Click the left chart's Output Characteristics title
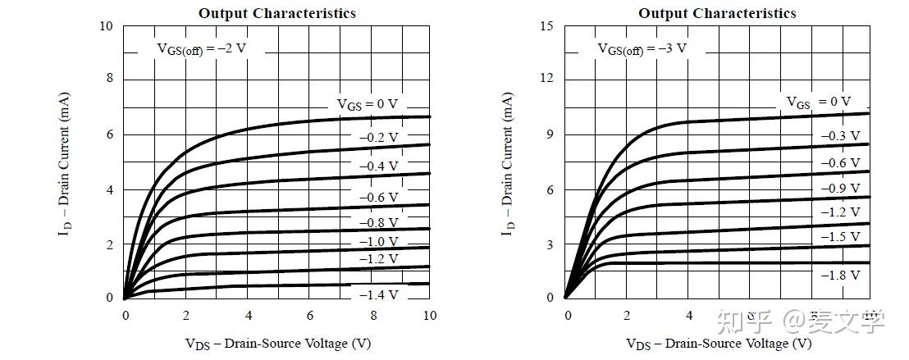pyautogui.click(x=277, y=13)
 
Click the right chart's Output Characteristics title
pyautogui.click(x=717, y=13)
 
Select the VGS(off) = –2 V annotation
pyautogui.click(x=202, y=48)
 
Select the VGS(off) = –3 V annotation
pyautogui.click(x=642, y=48)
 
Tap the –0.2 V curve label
pyautogui.click(x=379, y=138)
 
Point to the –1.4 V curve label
pyautogui.click(x=379, y=295)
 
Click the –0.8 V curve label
pyautogui.click(x=379, y=223)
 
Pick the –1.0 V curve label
pyautogui.click(x=379, y=242)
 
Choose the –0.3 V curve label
pyautogui.click(x=841, y=135)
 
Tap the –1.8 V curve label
pyautogui.click(x=841, y=276)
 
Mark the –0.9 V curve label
pyautogui.click(x=841, y=189)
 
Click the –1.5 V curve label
pyautogui.click(x=841, y=236)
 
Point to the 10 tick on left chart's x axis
pyautogui.click(x=430, y=316)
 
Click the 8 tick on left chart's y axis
pyautogui.click(x=110, y=80)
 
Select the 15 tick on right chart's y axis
pyautogui.click(x=547, y=26)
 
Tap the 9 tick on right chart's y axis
pyautogui.click(x=550, y=134)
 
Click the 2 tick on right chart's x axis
pyautogui.click(x=628, y=316)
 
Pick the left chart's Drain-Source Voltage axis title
pyautogui.click(x=277, y=343)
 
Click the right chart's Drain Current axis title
pyautogui.click(x=508, y=164)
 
